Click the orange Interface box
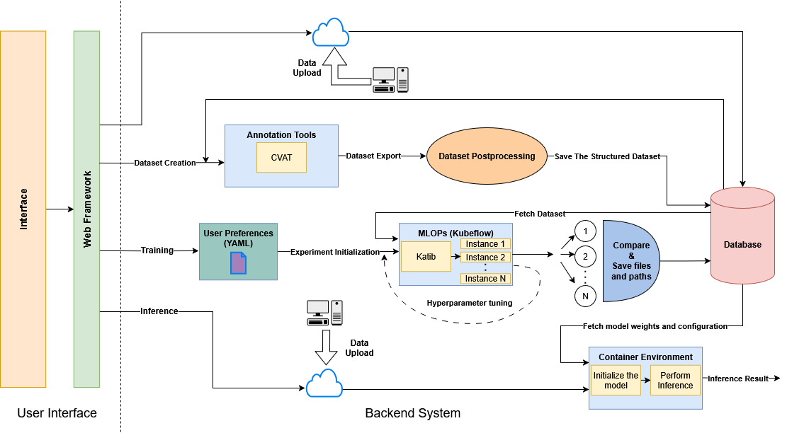(x=23, y=209)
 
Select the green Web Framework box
(x=86, y=209)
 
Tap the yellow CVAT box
(x=281, y=157)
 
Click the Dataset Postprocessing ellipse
(x=487, y=156)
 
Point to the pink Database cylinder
(x=742, y=244)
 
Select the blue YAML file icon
(x=239, y=262)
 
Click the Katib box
(x=426, y=256)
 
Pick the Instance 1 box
(x=485, y=244)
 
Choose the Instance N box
(x=485, y=278)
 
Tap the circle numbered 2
(x=585, y=256)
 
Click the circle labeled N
(x=585, y=296)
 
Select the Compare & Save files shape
(x=629, y=261)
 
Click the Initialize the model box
(x=616, y=380)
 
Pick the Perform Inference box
(x=675, y=380)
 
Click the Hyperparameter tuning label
(x=469, y=303)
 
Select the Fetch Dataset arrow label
(x=540, y=214)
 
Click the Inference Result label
(x=738, y=379)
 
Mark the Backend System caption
(x=412, y=413)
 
